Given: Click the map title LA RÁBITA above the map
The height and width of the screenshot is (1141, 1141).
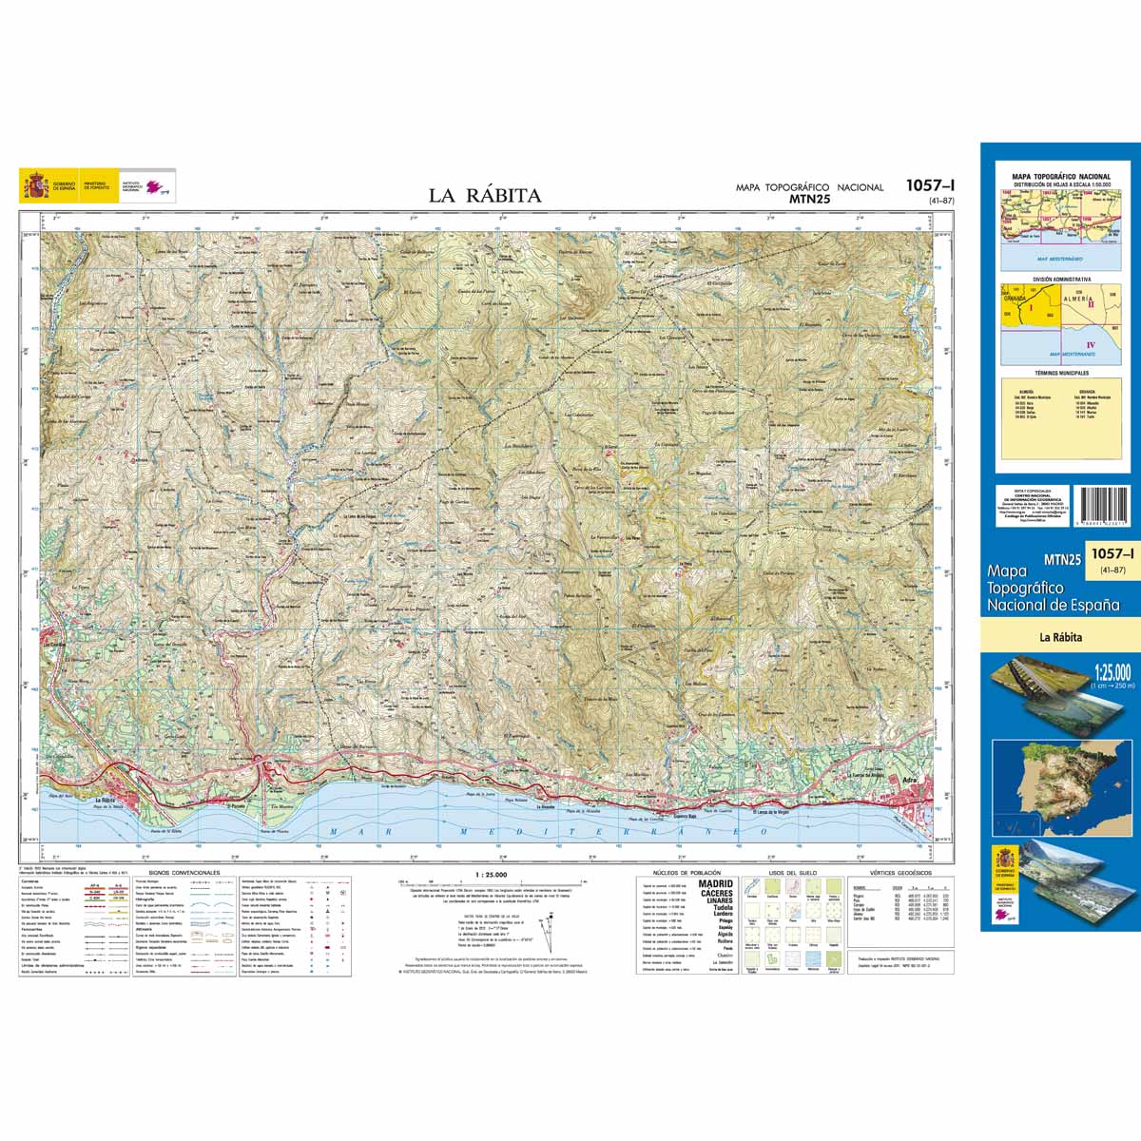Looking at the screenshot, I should click(x=484, y=196).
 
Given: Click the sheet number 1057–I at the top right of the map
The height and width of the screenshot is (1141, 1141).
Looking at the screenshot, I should click(x=929, y=186).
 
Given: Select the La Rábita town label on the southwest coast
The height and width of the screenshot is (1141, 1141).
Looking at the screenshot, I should click(x=110, y=800).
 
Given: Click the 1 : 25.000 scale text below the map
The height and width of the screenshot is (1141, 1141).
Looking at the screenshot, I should click(x=490, y=874).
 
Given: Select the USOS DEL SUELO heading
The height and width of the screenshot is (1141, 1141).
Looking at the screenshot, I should click(x=788, y=872).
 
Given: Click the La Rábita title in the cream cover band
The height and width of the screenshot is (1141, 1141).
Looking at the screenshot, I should click(x=1060, y=638).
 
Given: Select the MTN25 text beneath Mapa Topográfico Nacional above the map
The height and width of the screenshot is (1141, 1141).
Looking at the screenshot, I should click(x=810, y=200).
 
